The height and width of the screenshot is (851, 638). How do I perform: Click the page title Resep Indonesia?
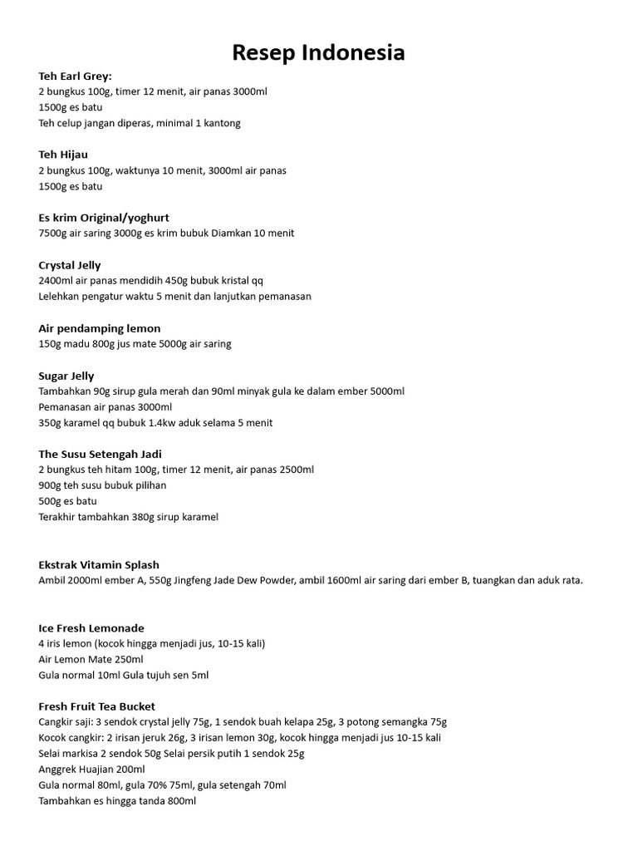coord(319,53)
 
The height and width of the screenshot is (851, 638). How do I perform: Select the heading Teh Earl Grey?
coord(75,76)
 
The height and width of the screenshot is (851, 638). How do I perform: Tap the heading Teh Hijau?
coord(63,155)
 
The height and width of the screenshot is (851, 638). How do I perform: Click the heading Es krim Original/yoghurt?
coord(104,218)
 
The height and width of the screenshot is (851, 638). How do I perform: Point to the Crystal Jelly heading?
coord(70,265)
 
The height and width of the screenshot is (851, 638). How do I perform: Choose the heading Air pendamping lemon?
coord(100,328)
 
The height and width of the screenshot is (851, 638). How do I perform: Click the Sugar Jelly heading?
coord(66,376)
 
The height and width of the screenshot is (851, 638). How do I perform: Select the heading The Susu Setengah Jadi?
coord(100,454)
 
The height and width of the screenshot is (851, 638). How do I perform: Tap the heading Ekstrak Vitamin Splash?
coord(99,565)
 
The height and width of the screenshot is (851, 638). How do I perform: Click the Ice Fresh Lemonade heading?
coord(91,628)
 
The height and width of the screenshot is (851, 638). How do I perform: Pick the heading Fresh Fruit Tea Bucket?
coord(97,706)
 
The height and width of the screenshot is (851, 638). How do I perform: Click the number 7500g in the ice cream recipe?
coord(52,234)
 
